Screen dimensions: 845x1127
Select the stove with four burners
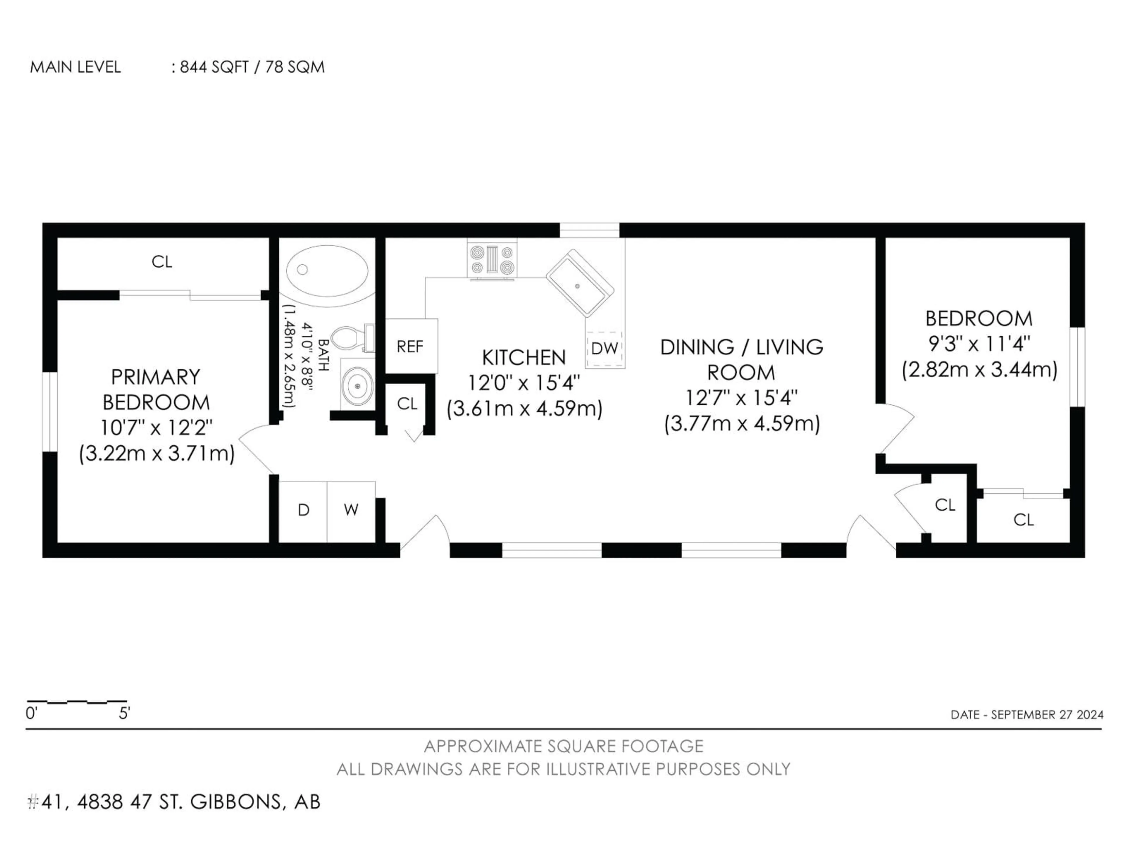tap(492, 260)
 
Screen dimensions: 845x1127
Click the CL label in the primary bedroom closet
tap(162, 262)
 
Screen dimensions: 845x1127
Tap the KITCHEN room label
tap(524, 358)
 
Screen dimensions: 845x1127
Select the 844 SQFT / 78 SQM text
tap(252, 67)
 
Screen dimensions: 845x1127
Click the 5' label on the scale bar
tap(124, 714)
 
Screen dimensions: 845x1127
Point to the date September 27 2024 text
tap(1027, 715)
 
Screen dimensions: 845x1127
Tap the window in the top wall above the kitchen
tap(590, 230)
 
